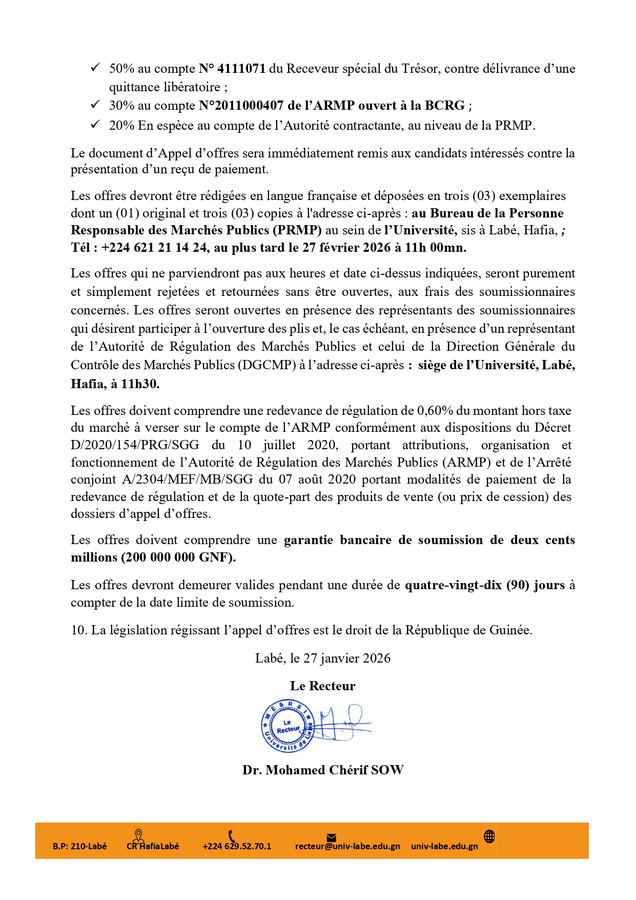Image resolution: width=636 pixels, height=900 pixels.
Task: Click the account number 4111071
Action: (x=241, y=69)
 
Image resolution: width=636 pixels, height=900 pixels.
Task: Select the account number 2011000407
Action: (x=249, y=106)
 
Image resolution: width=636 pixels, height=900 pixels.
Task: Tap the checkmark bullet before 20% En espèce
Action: (x=95, y=124)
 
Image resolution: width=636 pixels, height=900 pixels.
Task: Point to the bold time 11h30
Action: (x=140, y=384)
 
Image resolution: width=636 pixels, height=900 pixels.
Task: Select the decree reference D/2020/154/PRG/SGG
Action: (x=135, y=445)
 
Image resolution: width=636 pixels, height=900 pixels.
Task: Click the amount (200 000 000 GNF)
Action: (x=178, y=557)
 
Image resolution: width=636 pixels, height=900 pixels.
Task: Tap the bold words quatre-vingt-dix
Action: (x=453, y=585)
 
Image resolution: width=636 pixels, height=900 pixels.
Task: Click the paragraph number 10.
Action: (x=79, y=630)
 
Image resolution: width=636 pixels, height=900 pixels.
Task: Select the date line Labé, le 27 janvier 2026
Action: (x=323, y=658)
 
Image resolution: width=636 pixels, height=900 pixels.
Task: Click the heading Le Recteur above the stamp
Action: (x=323, y=686)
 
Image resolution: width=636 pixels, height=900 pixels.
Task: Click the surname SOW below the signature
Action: (x=387, y=770)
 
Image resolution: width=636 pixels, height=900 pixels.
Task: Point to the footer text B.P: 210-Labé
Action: (x=80, y=846)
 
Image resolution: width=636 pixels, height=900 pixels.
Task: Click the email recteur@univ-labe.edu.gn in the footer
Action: (x=347, y=846)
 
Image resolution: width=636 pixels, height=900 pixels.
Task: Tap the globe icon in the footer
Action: (x=489, y=836)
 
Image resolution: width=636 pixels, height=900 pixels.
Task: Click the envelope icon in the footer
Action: (x=332, y=837)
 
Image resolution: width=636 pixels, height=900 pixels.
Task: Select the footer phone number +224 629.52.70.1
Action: (x=237, y=846)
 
